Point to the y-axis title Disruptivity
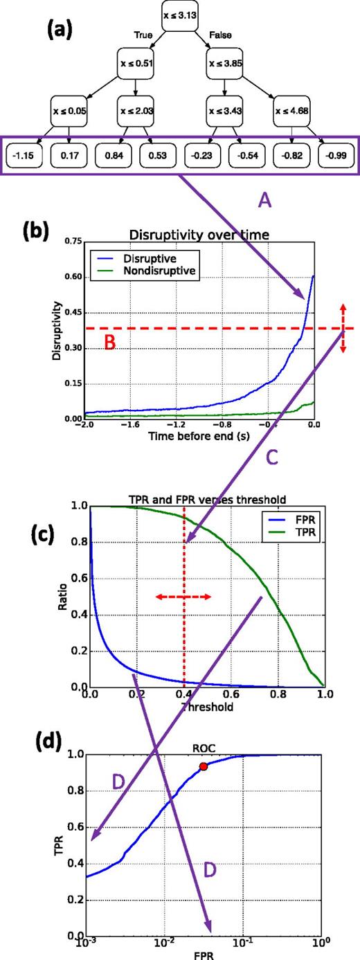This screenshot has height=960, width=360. coord(57,331)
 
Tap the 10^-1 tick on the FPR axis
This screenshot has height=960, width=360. coord(242,945)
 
